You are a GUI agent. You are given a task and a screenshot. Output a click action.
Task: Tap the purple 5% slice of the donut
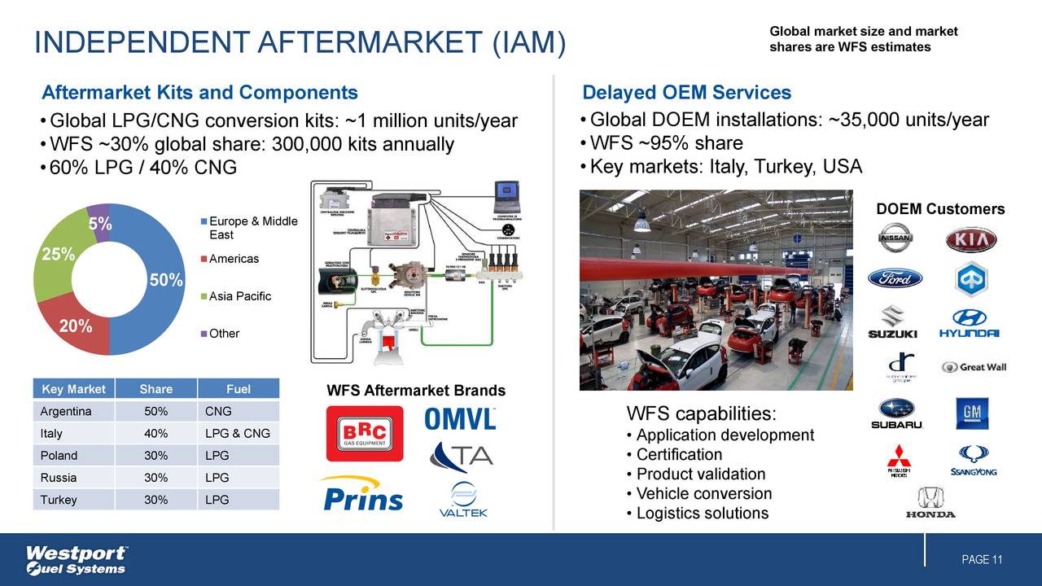coord(100,218)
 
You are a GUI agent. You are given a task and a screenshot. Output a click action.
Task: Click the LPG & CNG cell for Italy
coord(237,433)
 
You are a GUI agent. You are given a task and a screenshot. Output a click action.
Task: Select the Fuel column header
coord(238,389)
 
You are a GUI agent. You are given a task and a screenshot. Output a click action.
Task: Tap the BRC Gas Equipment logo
coord(364,433)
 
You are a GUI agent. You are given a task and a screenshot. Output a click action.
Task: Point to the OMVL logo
coord(460,418)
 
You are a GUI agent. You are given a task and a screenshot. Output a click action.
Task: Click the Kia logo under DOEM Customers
coord(970,240)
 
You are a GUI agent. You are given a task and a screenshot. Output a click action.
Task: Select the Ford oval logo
coord(895,278)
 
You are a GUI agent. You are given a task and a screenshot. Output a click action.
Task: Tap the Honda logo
coord(930,502)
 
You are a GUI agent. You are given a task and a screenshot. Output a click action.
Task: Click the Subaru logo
coord(896,413)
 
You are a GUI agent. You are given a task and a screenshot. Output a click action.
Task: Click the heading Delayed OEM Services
coord(686,93)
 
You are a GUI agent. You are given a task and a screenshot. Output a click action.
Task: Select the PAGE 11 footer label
coord(981,559)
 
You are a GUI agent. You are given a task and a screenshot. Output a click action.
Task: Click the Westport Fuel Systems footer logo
coord(77,559)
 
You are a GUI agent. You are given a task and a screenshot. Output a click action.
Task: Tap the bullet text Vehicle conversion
coord(703,494)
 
